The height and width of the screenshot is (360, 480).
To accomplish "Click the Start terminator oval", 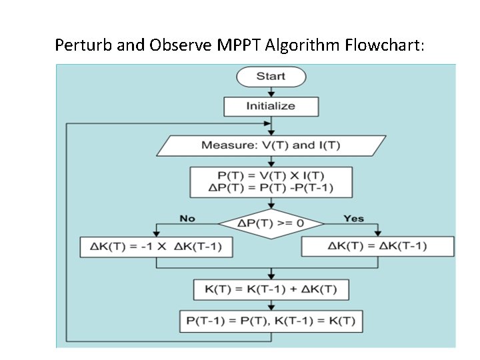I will click(271, 76).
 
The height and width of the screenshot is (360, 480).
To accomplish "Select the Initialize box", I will click(271, 106).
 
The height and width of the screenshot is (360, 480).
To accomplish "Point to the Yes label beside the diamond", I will click(353, 218).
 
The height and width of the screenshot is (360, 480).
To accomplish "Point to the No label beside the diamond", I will click(187, 218).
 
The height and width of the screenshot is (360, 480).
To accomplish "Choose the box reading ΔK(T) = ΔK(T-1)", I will click(377, 247).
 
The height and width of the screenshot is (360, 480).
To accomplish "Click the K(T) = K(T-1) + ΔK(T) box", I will click(271, 290).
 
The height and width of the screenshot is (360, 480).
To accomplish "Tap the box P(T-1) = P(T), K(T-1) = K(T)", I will click(271, 321).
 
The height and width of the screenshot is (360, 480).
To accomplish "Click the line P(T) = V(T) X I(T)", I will click(271, 175).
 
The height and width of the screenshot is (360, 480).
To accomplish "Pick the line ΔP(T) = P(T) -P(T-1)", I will click(271, 188).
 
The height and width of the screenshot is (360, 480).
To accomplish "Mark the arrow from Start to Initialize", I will click(271, 92).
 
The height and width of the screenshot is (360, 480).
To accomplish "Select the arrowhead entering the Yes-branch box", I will click(377, 233).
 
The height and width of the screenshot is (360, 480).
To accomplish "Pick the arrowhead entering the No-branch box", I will click(156, 234).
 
